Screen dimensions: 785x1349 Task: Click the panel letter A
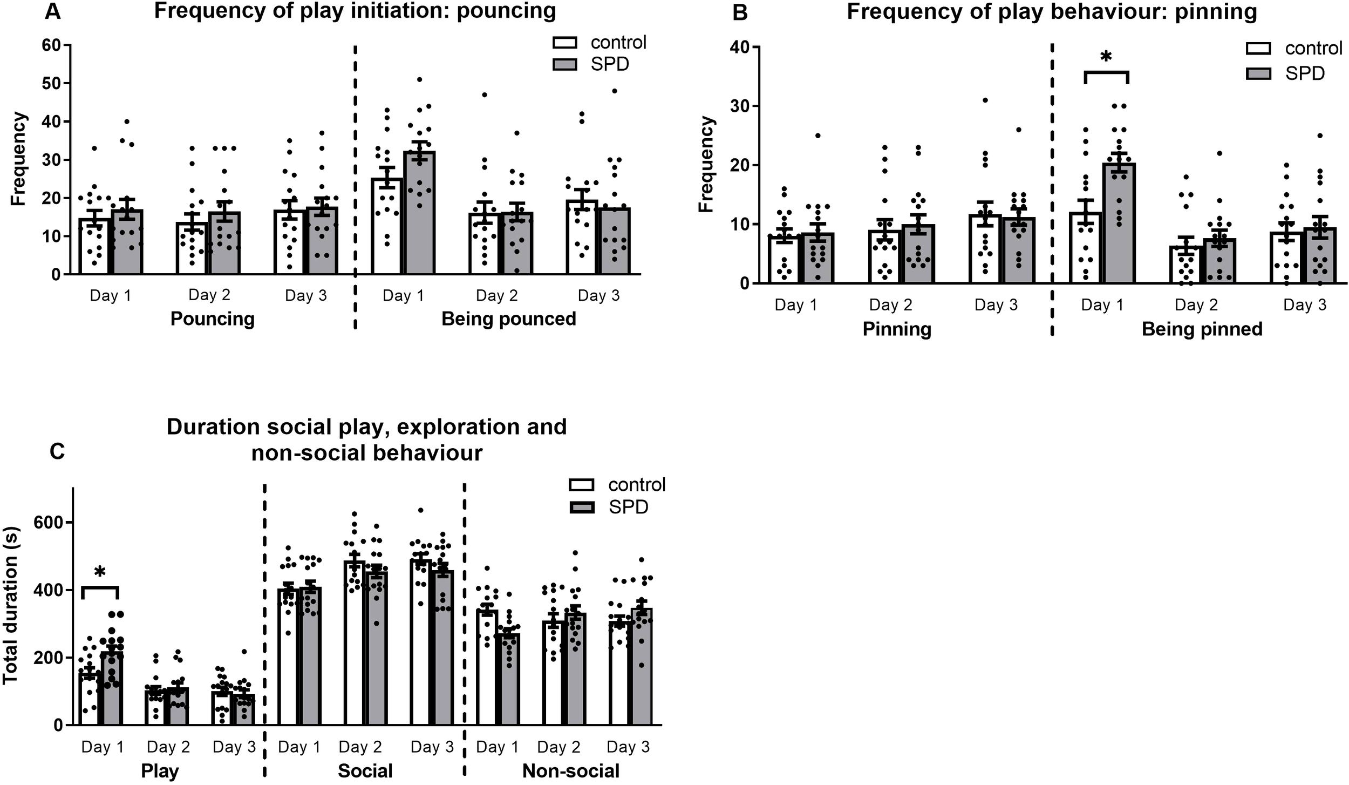[52, 11]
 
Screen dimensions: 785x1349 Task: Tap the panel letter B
[740, 12]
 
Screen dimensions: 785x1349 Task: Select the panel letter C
[57, 451]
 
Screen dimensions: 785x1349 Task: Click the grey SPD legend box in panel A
[564, 65]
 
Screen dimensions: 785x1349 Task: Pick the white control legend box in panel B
[1258, 49]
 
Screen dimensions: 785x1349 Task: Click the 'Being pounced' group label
[508, 319]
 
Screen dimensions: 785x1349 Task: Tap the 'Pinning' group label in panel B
[897, 329]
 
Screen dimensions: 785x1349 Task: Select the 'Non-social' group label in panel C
[570, 770]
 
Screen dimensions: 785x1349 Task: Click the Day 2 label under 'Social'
[360, 747]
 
